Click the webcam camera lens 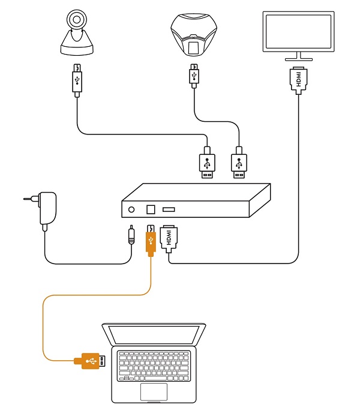pyautogui.click(x=77, y=20)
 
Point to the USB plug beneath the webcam pyautogui.click(x=77, y=79)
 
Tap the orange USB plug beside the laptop pyautogui.click(x=89, y=361)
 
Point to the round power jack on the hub pyautogui.click(x=132, y=209)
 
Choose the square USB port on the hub pyautogui.click(x=150, y=209)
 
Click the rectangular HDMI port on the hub pyautogui.click(x=168, y=209)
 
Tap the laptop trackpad pyautogui.click(x=154, y=391)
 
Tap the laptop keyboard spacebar pyautogui.click(x=153, y=378)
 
